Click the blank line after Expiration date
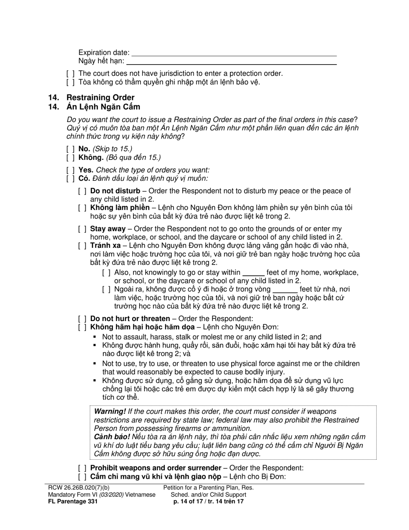click(x=234, y=53)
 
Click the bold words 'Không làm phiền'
click(x=120, y=208)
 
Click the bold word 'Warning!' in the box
click(x=110, y=412)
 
